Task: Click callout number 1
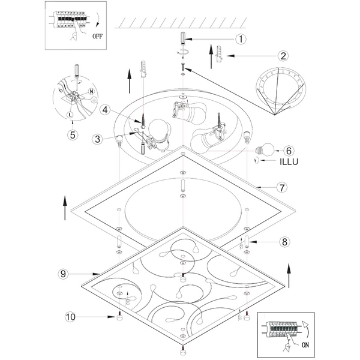(240, 40)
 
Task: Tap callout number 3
(97, 139)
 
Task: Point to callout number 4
(105, 110)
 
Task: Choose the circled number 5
(73, 134)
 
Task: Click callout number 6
(288, 150)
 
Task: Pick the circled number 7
(281, 187)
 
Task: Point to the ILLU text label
(289, 161)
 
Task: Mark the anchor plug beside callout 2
(220, 55)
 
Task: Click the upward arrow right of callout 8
(289, 276)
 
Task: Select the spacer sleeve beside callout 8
(245, 243)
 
